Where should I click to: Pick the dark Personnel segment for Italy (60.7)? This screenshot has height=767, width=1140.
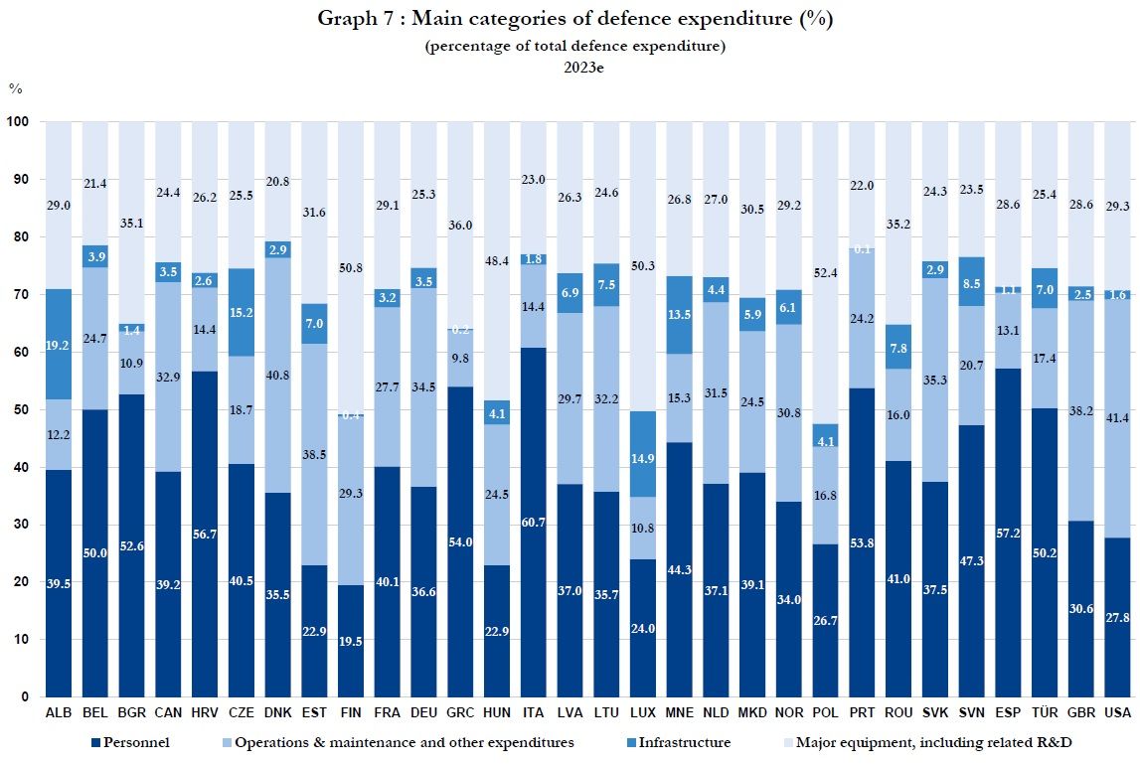[533, 522]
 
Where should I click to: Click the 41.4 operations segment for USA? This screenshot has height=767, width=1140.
[1117, 417]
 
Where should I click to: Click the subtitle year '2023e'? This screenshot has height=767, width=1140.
[570, 68]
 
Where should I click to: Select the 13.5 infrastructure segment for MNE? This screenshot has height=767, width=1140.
[678, 315]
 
